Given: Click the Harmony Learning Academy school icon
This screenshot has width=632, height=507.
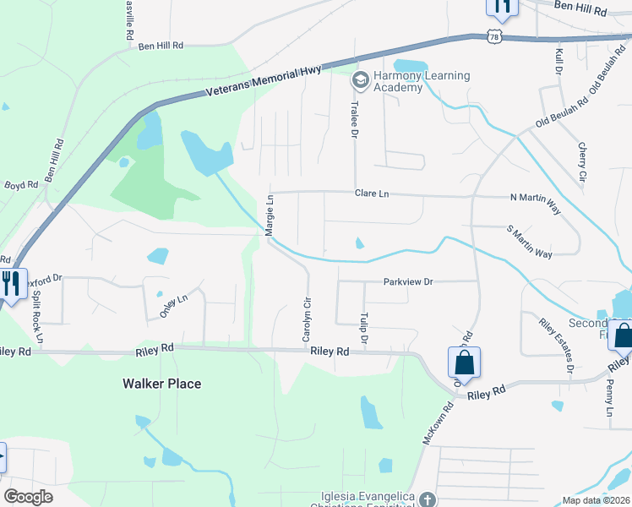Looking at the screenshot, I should [x=360, y=81].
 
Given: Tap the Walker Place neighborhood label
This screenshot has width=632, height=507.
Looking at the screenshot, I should [x=161, y=384].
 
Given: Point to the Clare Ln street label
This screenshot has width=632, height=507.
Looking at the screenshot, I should [x=372, y=194].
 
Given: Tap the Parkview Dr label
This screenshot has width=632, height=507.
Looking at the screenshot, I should [x=407, y=281].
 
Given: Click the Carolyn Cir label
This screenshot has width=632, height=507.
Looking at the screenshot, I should [x=308, y=319].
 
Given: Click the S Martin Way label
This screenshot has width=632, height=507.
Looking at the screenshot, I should [x=529, y=242].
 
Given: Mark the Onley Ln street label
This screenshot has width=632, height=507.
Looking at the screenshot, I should [x=173, y=306].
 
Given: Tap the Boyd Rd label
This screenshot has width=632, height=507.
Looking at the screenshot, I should [x=21, y=184].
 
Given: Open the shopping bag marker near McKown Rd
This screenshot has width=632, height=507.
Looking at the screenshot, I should [x=464, y=363].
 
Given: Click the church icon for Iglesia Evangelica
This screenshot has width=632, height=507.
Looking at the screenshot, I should [x=428, y=499].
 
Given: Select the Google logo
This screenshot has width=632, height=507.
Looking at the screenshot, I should [x=28, y=497].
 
